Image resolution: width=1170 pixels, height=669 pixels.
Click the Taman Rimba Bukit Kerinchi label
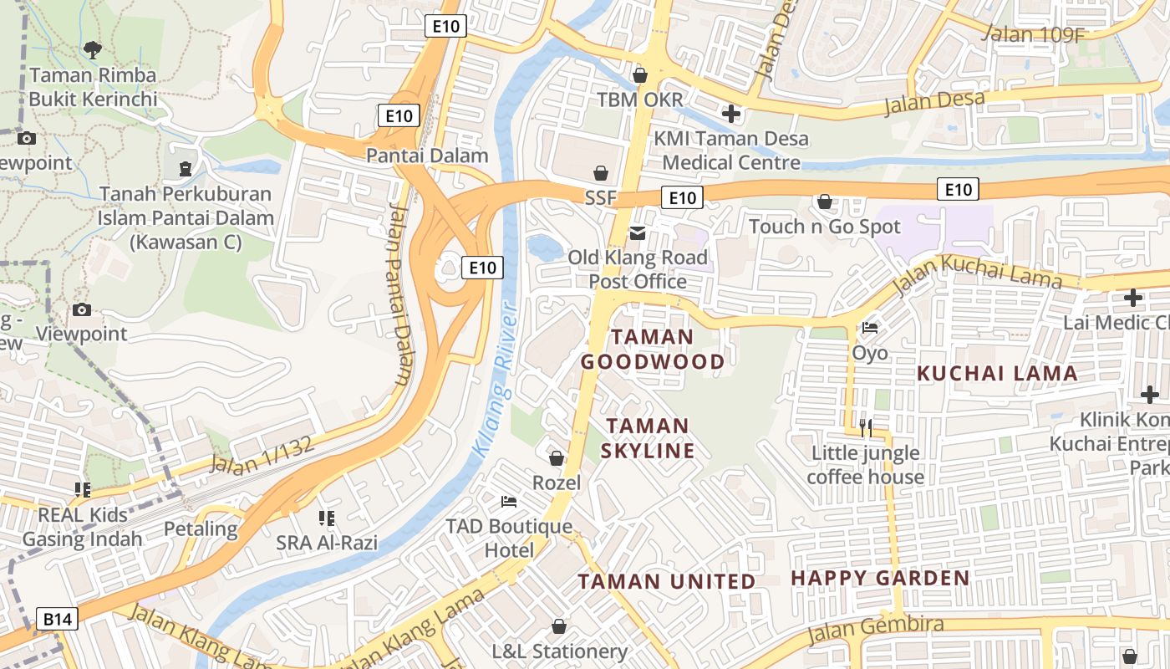click(x=93, y=87)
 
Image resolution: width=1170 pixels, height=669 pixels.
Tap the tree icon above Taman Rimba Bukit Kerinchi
click(x=93, y=50)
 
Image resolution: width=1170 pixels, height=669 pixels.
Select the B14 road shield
click(x=58, y=620)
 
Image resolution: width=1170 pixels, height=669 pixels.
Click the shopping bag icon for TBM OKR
click(x=640, y=75)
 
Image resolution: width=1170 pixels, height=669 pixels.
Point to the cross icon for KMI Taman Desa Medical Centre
click(x=731, y=114)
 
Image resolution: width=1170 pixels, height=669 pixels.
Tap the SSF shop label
click(x=600, y=198)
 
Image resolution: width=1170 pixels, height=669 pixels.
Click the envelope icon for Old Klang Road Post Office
click(x=638, y=232)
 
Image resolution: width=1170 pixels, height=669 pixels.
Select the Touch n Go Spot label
click(x=825, y=227)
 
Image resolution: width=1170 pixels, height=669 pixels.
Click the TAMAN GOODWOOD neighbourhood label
click(x=653, y=350)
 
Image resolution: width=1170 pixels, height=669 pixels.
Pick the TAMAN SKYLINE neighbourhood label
click(x=648, y=439)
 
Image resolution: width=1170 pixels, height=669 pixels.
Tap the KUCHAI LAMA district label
click(x=998, y=374)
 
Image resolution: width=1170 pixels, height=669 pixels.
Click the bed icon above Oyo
click(x=870, y=328)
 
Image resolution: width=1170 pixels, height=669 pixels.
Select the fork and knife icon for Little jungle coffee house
click(x=866, y=428)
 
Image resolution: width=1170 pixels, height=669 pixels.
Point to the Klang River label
click(x=495, y=379)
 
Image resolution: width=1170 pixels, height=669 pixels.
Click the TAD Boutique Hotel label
click(x=509, y=539)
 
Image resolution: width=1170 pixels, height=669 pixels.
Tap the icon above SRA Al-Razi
click(x=327, y=518)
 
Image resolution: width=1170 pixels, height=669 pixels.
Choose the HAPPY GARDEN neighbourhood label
click(x=880, y=578)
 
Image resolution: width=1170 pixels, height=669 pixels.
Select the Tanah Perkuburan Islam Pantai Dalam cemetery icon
click(x=185, y=169)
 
